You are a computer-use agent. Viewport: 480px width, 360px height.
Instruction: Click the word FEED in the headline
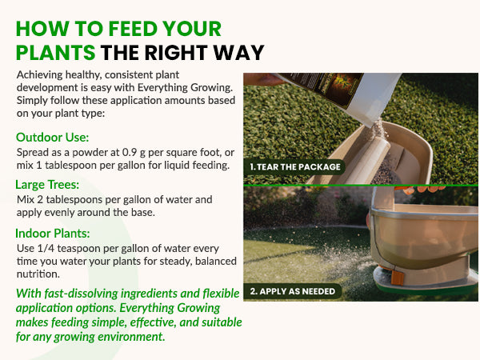(133, 29)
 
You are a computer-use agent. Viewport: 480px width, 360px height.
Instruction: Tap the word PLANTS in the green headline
(55, 52)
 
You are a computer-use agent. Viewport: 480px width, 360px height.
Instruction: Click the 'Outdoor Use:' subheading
(52, 138)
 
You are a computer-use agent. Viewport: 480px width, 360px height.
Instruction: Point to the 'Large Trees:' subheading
(47, 185)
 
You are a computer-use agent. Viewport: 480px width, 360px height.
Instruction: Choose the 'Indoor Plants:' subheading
(53, 234)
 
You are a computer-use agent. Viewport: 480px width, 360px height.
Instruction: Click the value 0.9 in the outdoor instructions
(129, 152)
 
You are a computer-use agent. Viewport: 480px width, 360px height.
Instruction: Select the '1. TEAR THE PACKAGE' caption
(295, 167)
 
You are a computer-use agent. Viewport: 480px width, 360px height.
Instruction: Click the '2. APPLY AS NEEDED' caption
(292, 291)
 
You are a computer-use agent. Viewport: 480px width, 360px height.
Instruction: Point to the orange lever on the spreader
(398, 276)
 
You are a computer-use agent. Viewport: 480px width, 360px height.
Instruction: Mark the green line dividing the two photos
(361, 186)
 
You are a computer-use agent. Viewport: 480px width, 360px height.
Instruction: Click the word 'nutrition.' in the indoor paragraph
(38, 274)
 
